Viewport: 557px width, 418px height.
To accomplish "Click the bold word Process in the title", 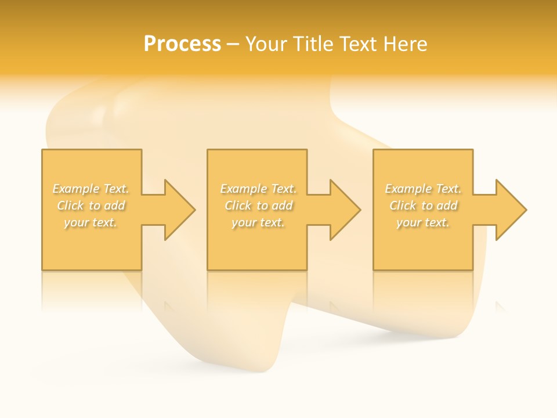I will tap(182, 44).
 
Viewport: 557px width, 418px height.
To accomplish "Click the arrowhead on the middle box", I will tap(345, 210).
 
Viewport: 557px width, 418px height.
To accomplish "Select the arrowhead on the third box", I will tap(511, 210).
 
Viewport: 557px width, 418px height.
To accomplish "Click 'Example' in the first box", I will tap(76, 189).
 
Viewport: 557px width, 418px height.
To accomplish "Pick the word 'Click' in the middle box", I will tap(237, 206).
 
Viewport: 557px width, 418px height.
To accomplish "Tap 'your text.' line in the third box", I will tap(423, 222).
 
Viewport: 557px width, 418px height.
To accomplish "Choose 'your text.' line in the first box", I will tap(91, 222).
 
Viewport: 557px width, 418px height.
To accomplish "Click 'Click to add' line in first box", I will tap(91, 206).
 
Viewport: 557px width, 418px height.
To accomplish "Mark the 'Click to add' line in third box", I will tap(424, 206).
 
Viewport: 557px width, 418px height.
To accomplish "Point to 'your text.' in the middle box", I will tap(258, 222).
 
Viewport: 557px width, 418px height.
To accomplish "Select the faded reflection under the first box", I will tap(92, 290).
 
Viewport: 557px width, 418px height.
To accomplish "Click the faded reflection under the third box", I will tap(423, 290).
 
